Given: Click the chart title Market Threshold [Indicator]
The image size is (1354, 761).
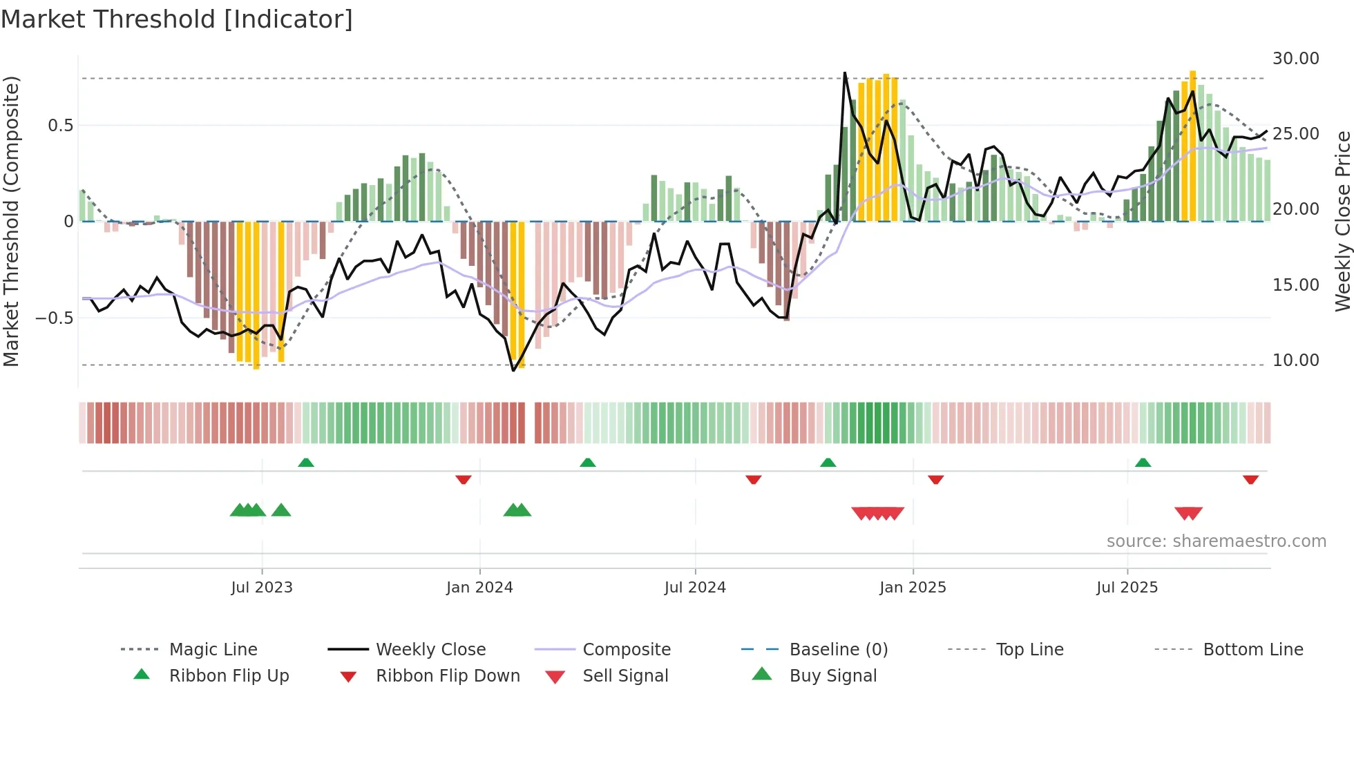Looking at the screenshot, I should tap(177, 19).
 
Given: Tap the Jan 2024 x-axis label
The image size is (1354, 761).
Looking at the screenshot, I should tap(479, 587).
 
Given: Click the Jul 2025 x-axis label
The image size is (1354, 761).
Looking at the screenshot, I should tap(1127, 587).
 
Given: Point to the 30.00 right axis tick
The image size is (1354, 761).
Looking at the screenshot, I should tap(1295, 59).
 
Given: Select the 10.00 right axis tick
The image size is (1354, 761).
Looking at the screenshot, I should tap(1295, 360).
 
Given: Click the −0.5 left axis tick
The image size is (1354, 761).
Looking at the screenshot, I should tap(55, 318).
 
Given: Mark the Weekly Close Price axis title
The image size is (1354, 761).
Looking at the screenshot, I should tap(1342, 221).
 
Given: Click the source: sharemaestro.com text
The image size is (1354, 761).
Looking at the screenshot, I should tap(1216, 541).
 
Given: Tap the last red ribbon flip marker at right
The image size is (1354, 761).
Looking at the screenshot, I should tap(1250, 479).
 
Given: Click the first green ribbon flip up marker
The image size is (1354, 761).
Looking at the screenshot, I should tap(306, 462).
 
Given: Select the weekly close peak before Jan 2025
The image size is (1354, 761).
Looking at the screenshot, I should tap(844, 73).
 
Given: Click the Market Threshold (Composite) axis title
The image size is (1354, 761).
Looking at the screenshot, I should tap(11, 221).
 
